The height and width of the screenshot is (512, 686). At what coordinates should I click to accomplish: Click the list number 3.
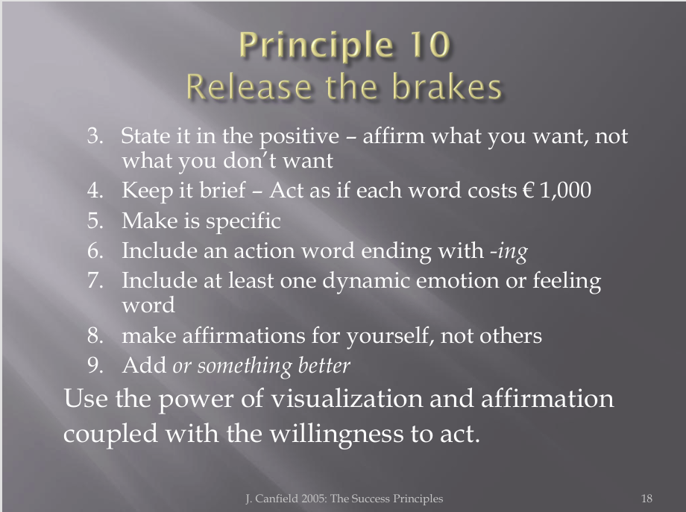95,136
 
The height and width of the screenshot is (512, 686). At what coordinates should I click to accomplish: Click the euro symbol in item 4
528,191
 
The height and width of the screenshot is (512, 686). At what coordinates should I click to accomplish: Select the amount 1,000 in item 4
566,191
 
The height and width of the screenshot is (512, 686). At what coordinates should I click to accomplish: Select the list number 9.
95,365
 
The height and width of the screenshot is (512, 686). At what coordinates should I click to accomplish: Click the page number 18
646,499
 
